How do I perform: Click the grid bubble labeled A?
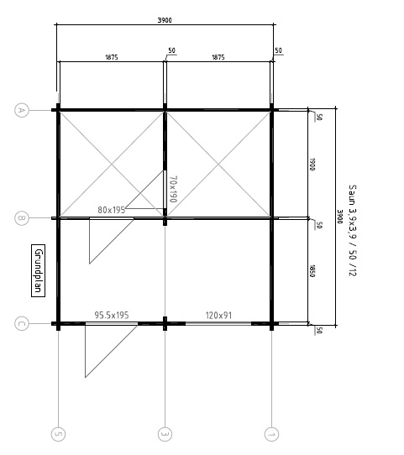pyautogui.click(x=22, y=110)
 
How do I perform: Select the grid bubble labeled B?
pyautogui.click(x=22, y=218)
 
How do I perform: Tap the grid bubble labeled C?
pyautogui.click(x=22, y=323)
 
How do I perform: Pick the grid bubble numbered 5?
pyautogui.click(x=58, y=434)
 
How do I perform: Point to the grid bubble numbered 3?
pyautogui.click(x=165, y=434)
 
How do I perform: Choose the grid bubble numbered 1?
pyautogui.click(x=271, y=434)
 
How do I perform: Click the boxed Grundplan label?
pyautogui.click(x=39, y=271)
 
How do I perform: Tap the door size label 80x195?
pyautogui.click(x=112, y=210)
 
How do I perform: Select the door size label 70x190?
pyautogui.click(x=173, y=189)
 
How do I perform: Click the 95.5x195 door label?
pyautogui.click(x=112, y=315)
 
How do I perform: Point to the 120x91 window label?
pyautogui.click(x=218, y=316)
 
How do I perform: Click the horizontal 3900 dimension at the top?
pyautogui.click(x=165, y=20)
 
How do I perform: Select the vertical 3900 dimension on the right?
pyautogui.click(x=340, y=217)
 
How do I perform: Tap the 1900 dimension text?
pyautogui.click(x=312, y=165)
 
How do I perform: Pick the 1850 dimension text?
pyautogui.click(x=312, y=271)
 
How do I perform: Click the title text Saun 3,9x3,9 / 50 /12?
pyautogui.click(x=352, y=230)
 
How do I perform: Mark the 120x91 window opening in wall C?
pyautogui.click(x=218, y=323)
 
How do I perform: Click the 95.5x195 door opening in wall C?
pyautogui.click(x=112, y=323)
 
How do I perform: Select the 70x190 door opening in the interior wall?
pyautogui.click(x=165, y=189)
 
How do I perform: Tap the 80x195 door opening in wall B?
pyautogui.click(x=112, y=218)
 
